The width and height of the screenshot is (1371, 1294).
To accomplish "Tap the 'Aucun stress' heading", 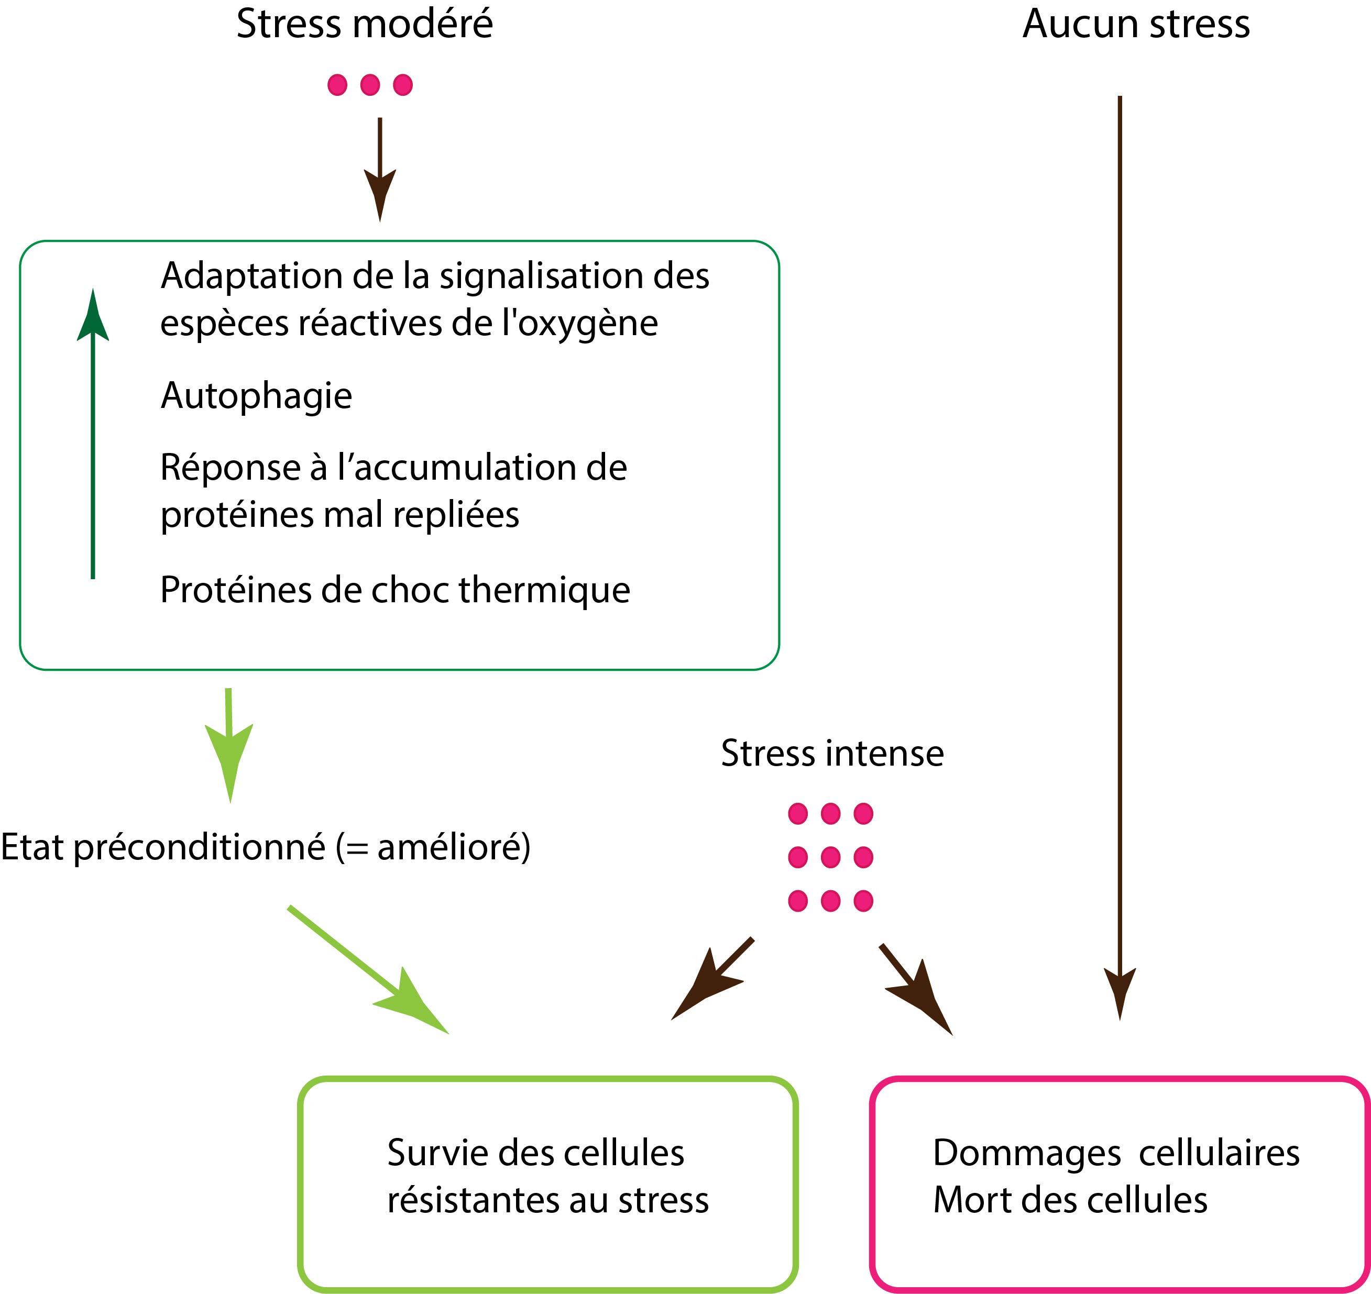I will [1136, 24].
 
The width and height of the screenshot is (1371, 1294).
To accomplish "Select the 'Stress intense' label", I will [832, 753].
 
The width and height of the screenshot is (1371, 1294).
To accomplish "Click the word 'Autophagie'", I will [256, 396].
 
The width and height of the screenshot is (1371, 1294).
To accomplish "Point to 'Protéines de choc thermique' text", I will [394, 590].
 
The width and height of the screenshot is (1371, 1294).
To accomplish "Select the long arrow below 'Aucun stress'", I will [1120, 552].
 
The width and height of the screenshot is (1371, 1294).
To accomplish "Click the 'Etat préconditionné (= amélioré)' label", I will [266, 847].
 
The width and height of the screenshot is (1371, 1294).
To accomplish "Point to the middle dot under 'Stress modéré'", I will [370, 85].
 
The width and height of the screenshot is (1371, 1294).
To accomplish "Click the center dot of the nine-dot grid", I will [831, 857].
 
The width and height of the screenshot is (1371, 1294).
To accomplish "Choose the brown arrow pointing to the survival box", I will [711, 979].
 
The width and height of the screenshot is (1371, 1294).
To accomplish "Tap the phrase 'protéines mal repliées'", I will [339, 515].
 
